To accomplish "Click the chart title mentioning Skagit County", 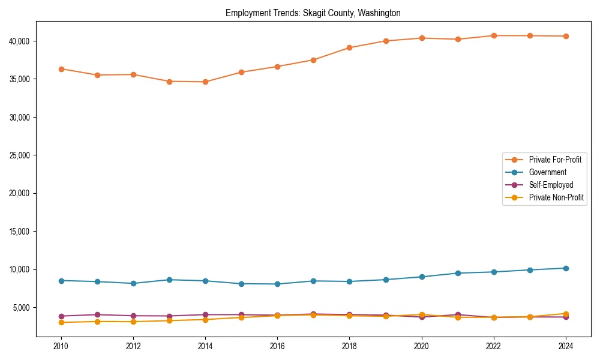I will coord(313,13).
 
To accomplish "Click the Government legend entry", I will coord(547,172).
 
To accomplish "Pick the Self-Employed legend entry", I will coord(551,185).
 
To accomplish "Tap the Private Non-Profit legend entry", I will coord(556,197).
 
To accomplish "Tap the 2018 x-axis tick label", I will coord(349,346).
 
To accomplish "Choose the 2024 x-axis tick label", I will coord(566,346).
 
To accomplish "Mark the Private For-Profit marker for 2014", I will coord(205,82).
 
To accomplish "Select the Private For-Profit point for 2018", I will coord(350,47).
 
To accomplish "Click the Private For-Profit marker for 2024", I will coord(566,36).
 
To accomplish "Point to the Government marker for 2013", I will coord(169,280).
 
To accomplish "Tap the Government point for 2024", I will coord(566,268).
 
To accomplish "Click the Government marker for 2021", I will coord(458,273).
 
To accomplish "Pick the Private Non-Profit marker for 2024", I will coord(566,313).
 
